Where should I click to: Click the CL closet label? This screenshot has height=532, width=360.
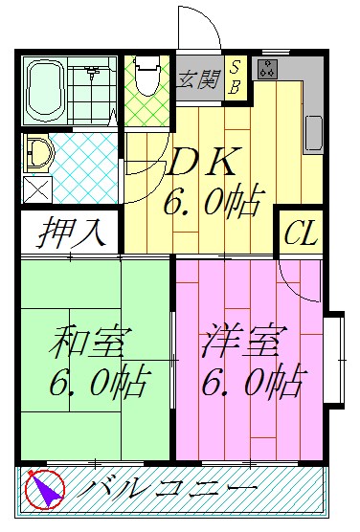click(x=301, y=233)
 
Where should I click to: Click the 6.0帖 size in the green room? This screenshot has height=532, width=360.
click(x=98, y=383)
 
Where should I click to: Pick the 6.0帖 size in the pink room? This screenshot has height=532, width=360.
click(x=251, y=383)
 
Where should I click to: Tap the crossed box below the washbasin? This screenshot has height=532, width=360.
click(x=36, y=188)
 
